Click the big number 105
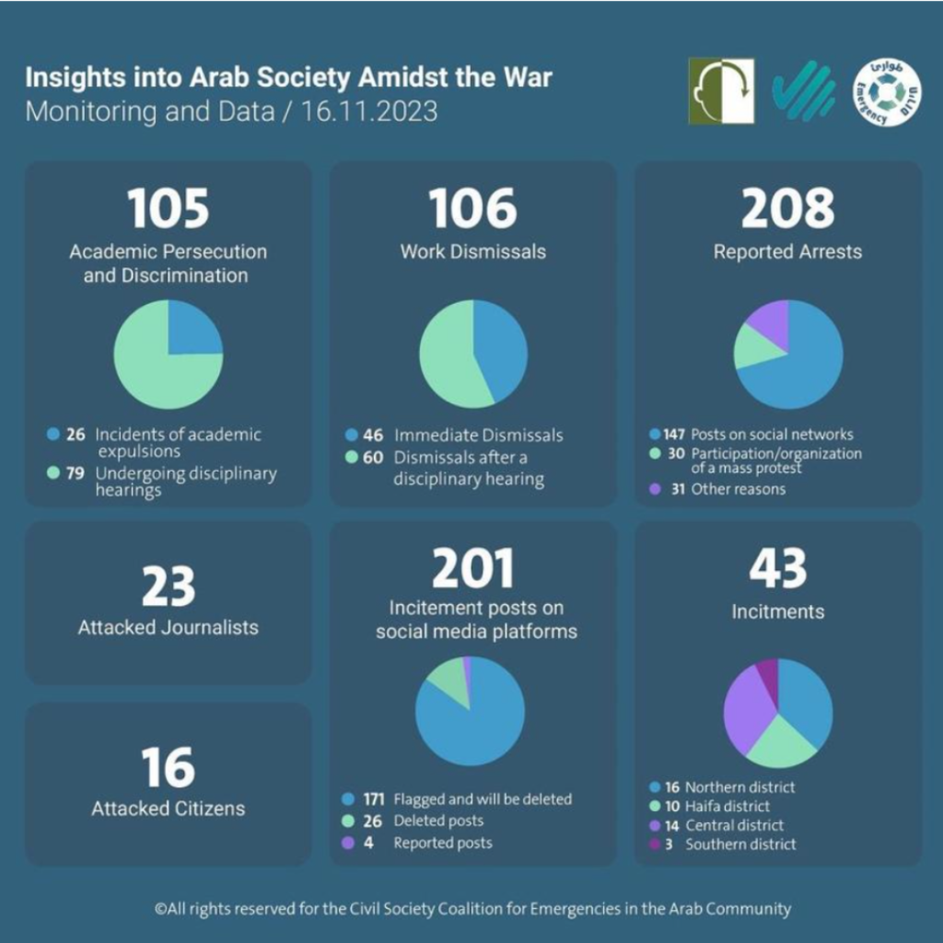(x=169, y=208)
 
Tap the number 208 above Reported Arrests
(x=787, y=208)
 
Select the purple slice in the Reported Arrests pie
(x=771, y=322)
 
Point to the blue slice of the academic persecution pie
(x=192, y=330)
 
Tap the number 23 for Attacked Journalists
(x=169, y=587)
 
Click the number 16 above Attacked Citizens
(x=169, y=768)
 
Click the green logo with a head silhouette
(x=720, y=91)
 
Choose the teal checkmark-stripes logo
(x=803, y=93)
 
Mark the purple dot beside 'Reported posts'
(x=348, y=843)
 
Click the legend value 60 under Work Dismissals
(x=372, y=458)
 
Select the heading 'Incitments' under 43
(x=778, y=611)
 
